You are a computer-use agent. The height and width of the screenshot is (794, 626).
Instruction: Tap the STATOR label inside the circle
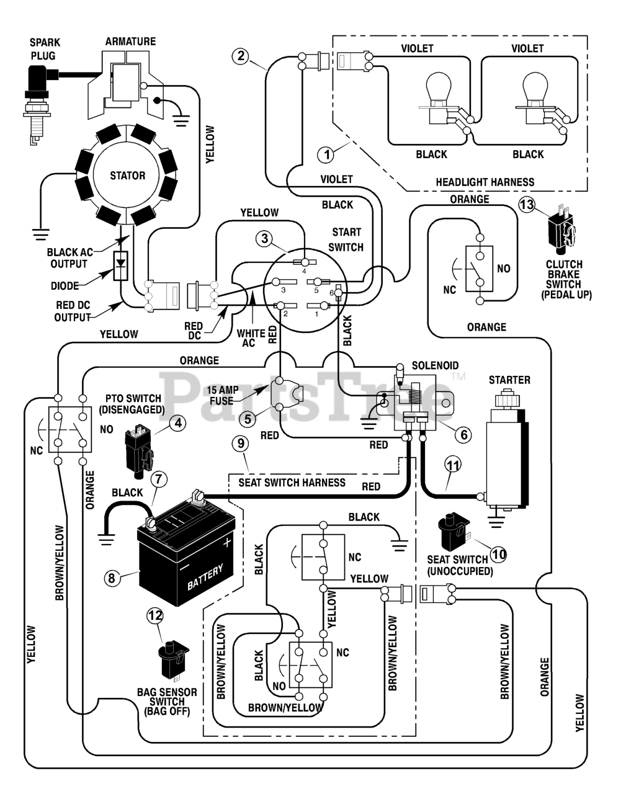[128, 176]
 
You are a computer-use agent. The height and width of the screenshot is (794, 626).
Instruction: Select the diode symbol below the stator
[120, 265]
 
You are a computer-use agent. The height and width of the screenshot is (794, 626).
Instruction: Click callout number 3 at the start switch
[265, 239]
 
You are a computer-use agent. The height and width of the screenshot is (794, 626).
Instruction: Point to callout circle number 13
[527, 204]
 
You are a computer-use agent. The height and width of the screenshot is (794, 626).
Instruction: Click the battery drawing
[186, 547]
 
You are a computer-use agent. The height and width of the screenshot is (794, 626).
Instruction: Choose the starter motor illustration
[508, 448]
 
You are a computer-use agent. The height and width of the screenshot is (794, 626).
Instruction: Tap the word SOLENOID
[435, 365]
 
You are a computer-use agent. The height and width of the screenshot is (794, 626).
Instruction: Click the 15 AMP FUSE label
[223, 396]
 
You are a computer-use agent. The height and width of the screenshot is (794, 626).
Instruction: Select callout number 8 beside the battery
[112, 578]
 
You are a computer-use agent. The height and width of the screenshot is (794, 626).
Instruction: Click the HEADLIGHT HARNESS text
[485, 182]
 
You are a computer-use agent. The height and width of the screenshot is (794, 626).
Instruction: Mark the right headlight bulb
[534, 99]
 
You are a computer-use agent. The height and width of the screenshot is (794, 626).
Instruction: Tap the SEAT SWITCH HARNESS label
[292, 482]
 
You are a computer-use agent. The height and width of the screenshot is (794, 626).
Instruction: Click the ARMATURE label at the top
[131, 42]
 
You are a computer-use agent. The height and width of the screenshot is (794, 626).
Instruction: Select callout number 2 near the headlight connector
[241, 56]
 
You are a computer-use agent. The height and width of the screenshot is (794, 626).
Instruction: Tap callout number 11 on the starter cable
[454, 465]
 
